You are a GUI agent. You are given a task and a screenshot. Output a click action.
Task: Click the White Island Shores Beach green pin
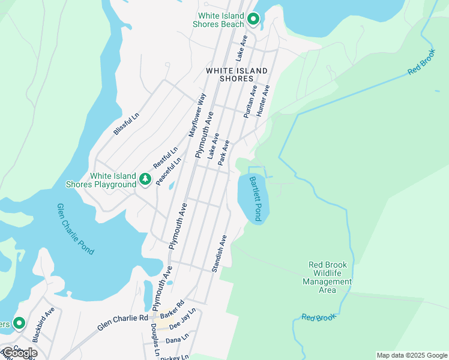[x=253, y=19]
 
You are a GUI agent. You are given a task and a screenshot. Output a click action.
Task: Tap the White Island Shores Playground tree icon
[x=145, y=179]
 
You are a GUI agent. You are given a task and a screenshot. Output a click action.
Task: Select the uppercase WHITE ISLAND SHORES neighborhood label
[x=237, y=75]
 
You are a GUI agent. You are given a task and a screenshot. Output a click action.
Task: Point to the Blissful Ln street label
[x=127, y=124]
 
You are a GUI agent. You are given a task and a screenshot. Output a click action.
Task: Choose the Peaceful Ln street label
[x=169, y=171]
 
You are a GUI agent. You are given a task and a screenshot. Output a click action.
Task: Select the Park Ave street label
[x=224, y=154]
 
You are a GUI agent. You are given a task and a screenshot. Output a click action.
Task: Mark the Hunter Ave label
[x=263, y=100]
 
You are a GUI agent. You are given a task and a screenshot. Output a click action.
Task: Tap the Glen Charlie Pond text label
[x=75, y=229]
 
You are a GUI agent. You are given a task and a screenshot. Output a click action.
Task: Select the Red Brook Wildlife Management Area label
[x=327, y=277]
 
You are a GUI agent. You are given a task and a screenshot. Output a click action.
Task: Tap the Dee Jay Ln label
[x=183, y=325]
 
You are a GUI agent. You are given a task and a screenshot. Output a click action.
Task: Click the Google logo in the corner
[x=19, y=353]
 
